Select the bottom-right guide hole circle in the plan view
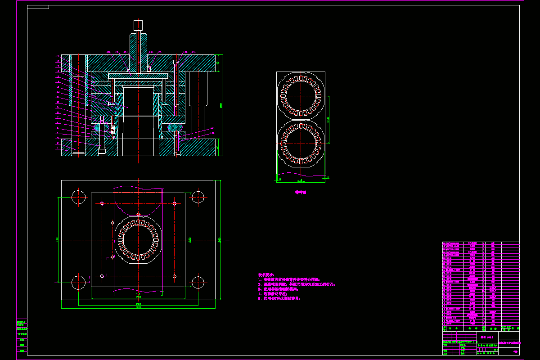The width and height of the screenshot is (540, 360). point(198,282)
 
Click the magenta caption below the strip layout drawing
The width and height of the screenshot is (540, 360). point(301,192)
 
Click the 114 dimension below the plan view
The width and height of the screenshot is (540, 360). point(138,294)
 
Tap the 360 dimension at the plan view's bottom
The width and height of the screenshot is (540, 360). point(138,307)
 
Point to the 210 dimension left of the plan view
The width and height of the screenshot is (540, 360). point(57,240)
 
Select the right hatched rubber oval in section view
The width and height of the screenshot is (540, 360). point(174,127)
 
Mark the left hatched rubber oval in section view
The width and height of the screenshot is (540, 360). point(96,127)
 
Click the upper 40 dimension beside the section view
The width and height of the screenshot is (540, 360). point(218,63)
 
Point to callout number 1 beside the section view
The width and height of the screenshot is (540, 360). point(58,148)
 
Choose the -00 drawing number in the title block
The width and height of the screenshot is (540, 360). point(515,351)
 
